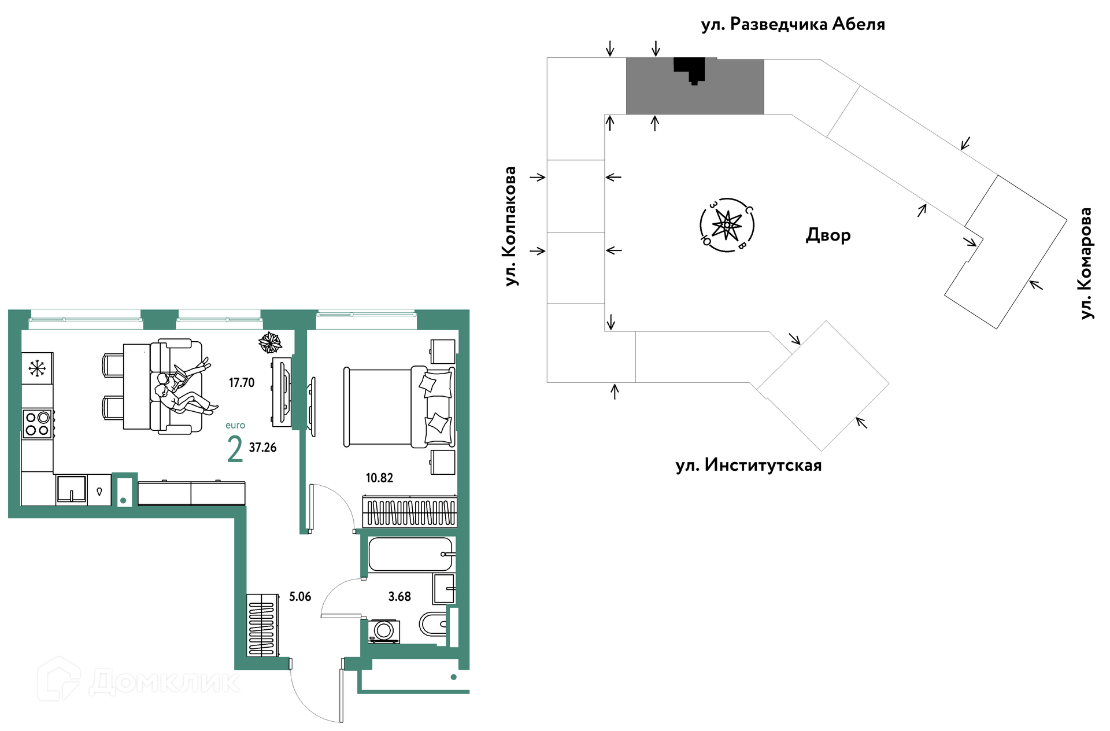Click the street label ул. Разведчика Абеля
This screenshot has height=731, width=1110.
793,24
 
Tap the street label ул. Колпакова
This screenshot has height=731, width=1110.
509,226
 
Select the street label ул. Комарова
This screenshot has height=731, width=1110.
1086,263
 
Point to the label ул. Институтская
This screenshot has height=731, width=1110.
748,466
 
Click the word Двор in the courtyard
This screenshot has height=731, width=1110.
828,235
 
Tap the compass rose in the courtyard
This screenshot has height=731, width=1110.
727,224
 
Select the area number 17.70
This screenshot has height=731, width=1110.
242,383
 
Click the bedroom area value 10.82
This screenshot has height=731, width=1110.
379,478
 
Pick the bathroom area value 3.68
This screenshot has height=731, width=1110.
399,597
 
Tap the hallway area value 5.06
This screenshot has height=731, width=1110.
300,597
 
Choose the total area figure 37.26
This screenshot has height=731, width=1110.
262,448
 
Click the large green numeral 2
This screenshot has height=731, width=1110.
235,449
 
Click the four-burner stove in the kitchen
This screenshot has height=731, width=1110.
38,423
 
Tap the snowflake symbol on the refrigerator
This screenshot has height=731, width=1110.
37,368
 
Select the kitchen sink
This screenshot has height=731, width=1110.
72,489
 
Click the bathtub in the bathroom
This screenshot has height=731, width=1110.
411,554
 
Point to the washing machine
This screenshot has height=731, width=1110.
384,631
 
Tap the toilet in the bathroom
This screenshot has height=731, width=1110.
433,625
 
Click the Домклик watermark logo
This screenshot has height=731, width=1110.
139,680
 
